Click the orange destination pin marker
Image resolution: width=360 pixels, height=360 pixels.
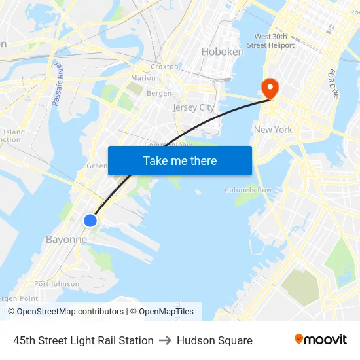[269, 88]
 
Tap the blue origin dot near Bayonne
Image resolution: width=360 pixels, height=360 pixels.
[90, 221]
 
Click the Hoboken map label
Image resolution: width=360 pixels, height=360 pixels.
[223, 52]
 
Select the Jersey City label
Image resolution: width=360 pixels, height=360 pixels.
[194, 107]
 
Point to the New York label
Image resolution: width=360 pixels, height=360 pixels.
[273, 130]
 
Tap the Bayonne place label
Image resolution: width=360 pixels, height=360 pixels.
[66, 240]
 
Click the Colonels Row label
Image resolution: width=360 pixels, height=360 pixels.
[248, 190]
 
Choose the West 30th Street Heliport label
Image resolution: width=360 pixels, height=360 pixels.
[274, 41]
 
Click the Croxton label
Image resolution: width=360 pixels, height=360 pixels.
[164, 67]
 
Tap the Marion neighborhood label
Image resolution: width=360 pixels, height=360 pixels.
[143, 78]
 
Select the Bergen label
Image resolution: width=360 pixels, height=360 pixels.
[159, 94]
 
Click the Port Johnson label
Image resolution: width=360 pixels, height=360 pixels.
[57, 284]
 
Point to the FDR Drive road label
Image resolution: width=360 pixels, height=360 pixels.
[335, 84]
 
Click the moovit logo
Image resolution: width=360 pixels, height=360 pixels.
[321, 340]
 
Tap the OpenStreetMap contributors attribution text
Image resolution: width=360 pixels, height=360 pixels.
[70, 312]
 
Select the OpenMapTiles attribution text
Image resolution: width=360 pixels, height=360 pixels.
[166, 312]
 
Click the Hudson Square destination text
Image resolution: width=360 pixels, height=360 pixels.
[215, 340]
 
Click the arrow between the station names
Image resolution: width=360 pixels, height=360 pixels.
[165, 340]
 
